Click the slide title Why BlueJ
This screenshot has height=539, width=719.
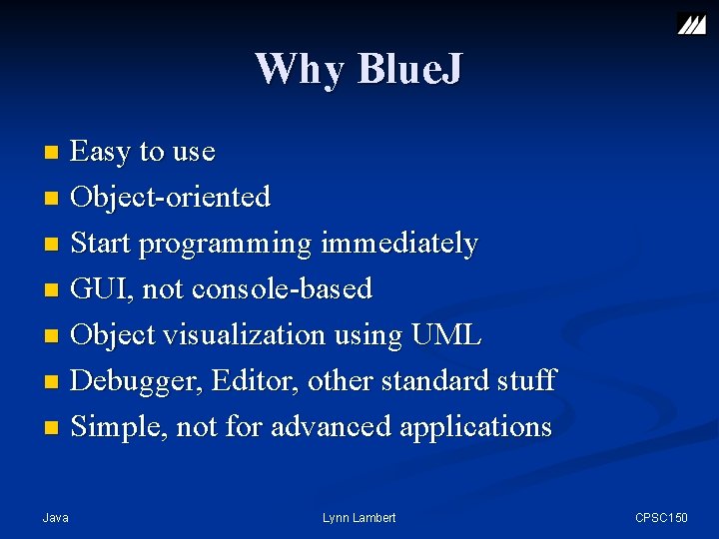tap(359, 69)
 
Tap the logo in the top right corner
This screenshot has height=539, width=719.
tap(691, 23)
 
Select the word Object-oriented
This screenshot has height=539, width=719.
tap(171, 197)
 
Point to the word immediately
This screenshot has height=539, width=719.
tap(399, 243)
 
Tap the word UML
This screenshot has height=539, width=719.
tap(446, 334)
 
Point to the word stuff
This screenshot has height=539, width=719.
tap(525, 380)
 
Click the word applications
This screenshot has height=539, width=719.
tap(475, 426)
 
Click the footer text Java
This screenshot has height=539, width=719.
tap(56, 517)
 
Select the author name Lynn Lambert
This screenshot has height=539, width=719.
tap(359, 517)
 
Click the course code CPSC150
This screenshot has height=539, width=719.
tap(662, 517)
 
